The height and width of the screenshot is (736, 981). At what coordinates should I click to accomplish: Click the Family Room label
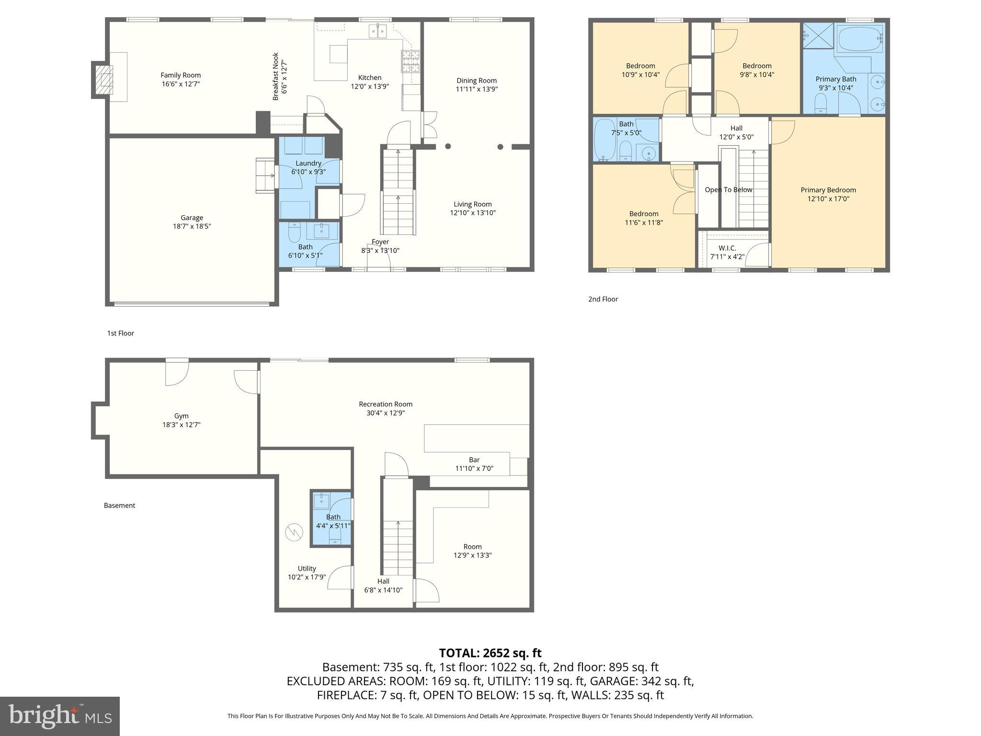(181, 75)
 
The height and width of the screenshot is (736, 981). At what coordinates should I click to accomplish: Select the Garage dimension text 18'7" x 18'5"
(192, 226)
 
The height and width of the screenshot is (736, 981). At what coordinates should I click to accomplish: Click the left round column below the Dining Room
(448, 147)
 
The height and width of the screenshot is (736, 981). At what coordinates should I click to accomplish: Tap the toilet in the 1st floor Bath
(295, 232)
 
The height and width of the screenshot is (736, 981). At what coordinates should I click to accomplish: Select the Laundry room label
(308, 163)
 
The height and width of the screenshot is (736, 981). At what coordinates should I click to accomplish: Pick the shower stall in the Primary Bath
(818, 35)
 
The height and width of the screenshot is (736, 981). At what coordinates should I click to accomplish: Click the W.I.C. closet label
(727, 248)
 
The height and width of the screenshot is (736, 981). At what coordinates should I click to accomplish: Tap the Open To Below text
(728, 190)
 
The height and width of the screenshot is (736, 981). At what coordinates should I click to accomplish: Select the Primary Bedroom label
(828, 190)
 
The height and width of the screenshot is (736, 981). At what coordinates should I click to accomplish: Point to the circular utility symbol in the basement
(294, 532)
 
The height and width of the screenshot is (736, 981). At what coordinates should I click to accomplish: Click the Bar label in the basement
(474, 460)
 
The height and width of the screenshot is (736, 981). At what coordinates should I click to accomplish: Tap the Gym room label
(181, 416)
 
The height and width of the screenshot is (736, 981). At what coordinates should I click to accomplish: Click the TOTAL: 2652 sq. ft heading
(490, 653)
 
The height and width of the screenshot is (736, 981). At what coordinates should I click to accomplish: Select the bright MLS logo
(60, 716)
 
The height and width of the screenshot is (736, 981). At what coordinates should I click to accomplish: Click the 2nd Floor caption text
(603, 299)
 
